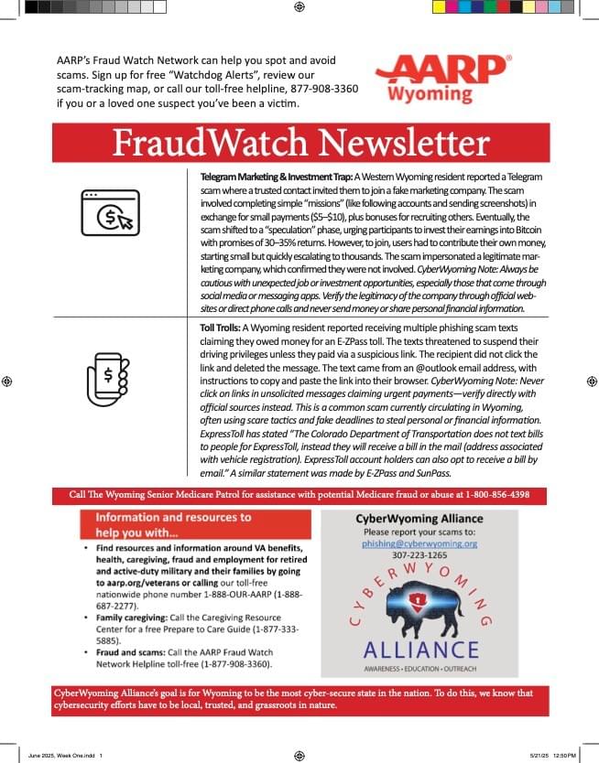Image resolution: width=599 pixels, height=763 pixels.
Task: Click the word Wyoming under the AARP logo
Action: [430, 95]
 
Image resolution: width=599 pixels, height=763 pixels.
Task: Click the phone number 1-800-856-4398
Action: [506, 495]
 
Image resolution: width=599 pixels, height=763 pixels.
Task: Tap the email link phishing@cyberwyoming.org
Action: [419, 543]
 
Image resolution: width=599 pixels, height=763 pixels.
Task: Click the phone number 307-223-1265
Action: [419, 554]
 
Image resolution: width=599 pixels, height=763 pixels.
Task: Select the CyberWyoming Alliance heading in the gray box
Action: [419, 518]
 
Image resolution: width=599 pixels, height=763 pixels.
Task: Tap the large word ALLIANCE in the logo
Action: [419, 650]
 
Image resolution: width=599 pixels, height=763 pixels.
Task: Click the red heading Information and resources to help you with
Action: [167, 524]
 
